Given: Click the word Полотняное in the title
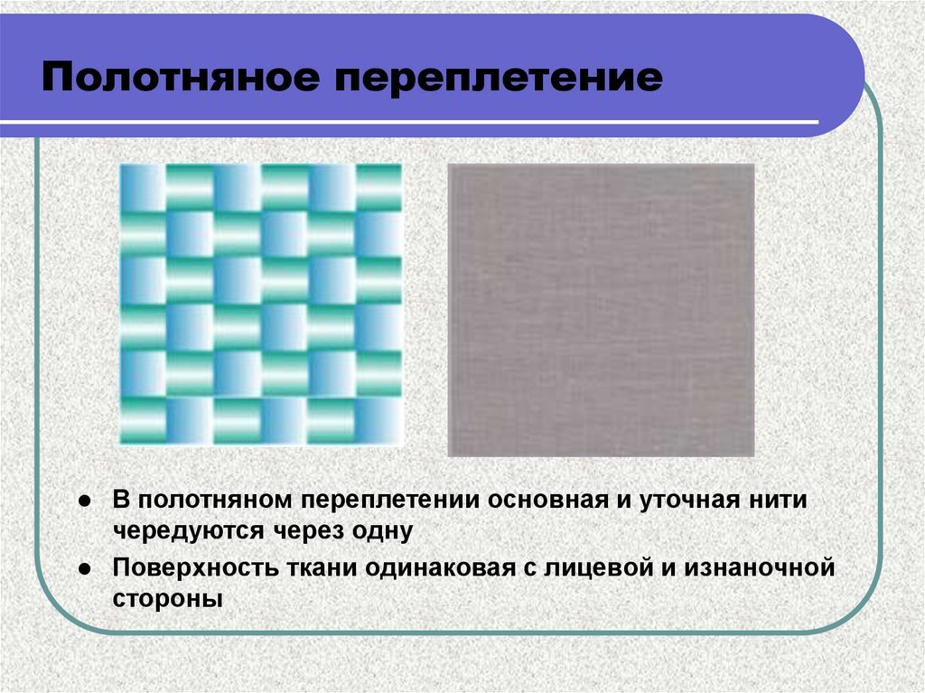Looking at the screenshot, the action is (x=181, y=78).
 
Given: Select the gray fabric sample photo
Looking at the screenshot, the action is (x=601, y=310).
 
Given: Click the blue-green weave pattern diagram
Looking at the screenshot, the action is (x=261, y=304).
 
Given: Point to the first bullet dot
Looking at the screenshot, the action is (x=84, y=501).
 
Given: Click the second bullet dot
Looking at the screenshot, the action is (x=84, y=569).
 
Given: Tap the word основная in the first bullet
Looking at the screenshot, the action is (x=548, y=500).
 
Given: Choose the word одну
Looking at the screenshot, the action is (x=382, y=531).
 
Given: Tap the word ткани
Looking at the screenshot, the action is (x=322, y=568).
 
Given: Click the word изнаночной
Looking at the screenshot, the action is (x=759, y=568).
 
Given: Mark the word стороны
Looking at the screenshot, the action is (x=167, y=600).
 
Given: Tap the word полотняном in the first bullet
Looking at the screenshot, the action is (x=215, y=500).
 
